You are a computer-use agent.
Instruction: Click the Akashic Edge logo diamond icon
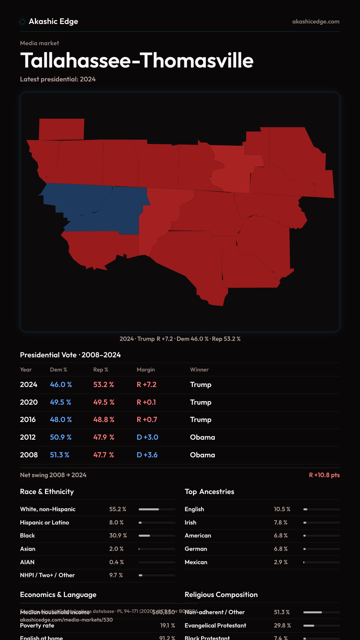point(22,22)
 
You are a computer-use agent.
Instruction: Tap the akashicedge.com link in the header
point(316,22)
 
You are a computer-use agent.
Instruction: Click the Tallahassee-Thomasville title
point(137,61)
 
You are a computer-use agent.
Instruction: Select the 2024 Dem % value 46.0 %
point(61,385)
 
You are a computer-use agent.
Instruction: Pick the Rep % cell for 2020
point(104,402)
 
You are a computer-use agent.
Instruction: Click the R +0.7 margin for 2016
point(147,420)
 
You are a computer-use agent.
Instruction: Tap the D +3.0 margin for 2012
point(147,437)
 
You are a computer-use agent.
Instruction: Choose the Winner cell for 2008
point(202,455)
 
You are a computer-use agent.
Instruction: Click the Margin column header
point(146,370)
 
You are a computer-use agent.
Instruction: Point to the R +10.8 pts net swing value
point(324,475)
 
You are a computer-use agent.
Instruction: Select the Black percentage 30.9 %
point(118,536)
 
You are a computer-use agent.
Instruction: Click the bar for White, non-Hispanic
point(157,509)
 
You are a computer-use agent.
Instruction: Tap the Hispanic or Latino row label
point(44,523)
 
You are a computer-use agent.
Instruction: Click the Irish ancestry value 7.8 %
point(281,523)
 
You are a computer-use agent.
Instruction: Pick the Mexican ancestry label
point(196,562)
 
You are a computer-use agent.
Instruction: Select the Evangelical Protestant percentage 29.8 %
point(282,626)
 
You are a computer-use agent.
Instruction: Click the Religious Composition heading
point(221,595)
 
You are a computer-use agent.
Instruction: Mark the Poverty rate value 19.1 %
point(167,626)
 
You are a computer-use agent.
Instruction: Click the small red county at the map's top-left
point(62,129)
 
